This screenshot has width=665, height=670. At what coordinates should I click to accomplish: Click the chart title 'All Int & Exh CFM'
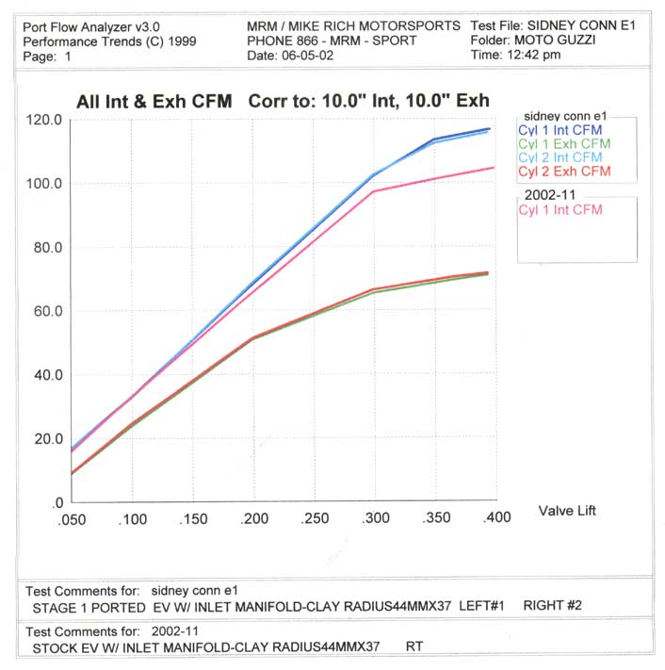(x=154, y=101)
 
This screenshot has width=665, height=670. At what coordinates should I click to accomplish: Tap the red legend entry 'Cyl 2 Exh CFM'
(x=564, y=172)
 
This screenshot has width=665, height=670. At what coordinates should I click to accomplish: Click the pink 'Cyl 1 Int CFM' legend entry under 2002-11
(x=560, y=210)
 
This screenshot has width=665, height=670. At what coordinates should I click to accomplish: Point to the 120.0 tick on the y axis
(x=43, y=120)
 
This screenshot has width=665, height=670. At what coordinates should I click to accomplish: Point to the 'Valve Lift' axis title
(x=567, y=511)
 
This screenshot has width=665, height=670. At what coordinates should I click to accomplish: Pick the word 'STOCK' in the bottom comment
(x=55, y=648)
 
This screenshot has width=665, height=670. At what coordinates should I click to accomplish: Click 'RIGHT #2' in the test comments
(x=552, y=605)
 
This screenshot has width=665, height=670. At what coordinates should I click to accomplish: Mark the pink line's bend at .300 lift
(x=375, y=191)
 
